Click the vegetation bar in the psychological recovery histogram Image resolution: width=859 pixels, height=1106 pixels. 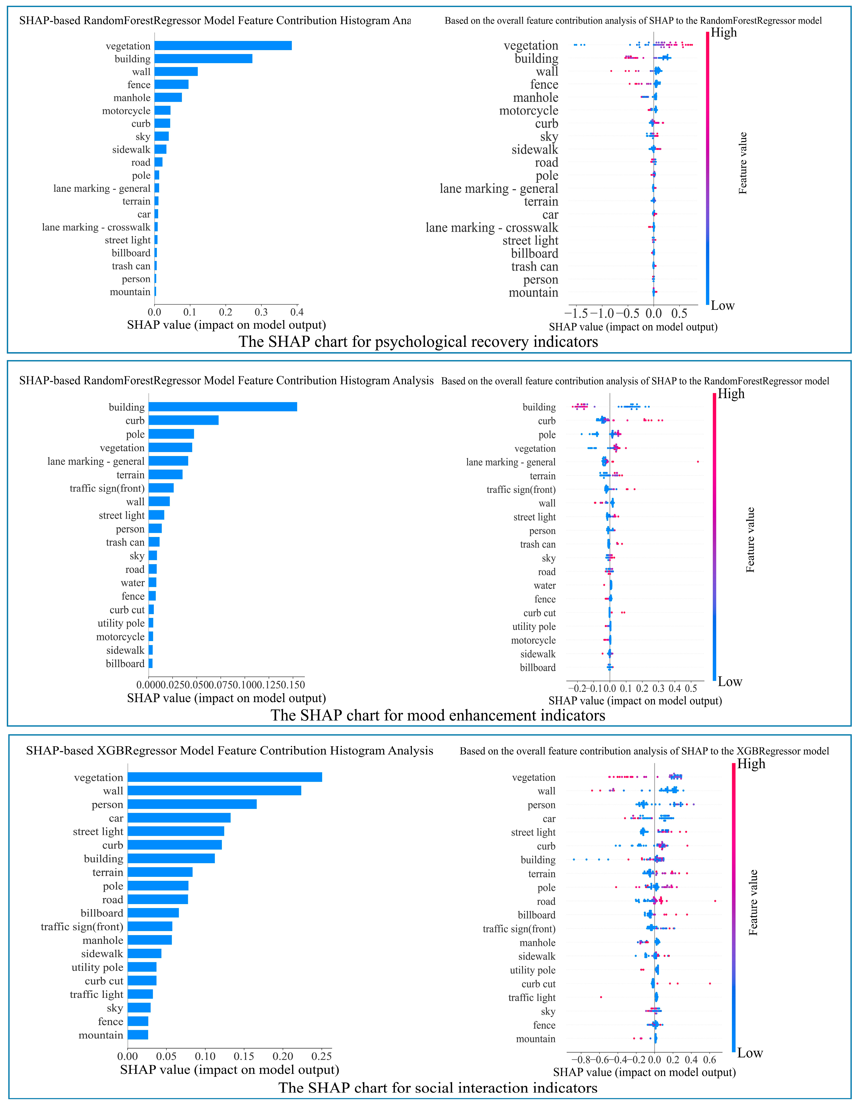[x=223, y=46]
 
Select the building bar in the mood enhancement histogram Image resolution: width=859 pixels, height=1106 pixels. [x=223, y=407]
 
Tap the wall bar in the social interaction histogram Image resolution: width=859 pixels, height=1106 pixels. [x=214, y=790]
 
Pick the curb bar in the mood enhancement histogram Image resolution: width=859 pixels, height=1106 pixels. [x=183, y=420]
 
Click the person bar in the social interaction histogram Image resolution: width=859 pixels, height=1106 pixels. [x=192, y=804]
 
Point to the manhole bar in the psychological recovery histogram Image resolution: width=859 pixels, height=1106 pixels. [x=168, y=97]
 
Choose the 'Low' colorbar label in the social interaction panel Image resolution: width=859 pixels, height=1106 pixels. [x=750, y=1052]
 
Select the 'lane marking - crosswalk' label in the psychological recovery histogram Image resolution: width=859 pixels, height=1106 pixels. [x=96, y=227]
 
